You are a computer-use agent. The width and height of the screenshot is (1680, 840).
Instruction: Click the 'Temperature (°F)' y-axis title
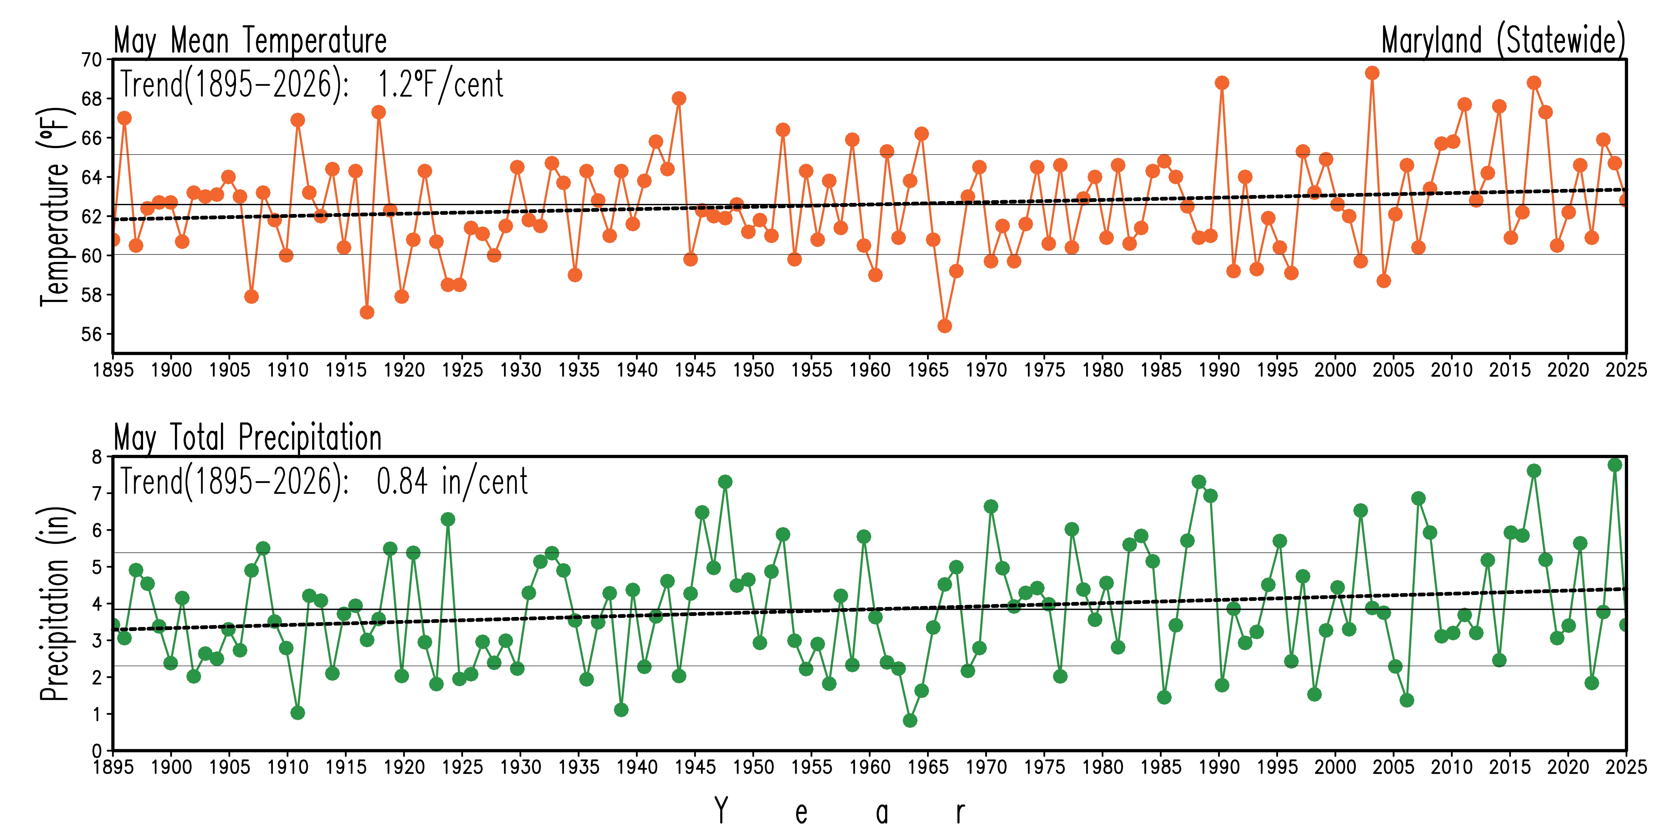click(x=55, y=206)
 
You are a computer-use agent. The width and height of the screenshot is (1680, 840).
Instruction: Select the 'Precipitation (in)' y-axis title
click(x=55, y=603)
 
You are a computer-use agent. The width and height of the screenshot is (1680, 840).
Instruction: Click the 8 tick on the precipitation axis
click(x=97, y=457)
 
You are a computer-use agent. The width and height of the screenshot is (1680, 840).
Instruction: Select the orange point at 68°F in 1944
click(x=679, y=99)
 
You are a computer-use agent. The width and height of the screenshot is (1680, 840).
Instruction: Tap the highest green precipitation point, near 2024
click(x=1615, y=464)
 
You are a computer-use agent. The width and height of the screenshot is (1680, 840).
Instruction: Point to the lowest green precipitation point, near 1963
click(x=910, y=720)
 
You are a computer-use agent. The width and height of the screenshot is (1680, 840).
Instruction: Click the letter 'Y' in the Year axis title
click(x=721, y=811)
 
